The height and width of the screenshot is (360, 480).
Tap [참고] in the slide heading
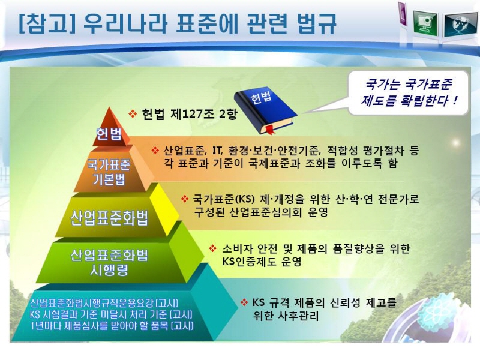click(x=46, y=23)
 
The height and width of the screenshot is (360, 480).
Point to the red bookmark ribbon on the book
click(x=270, y=130)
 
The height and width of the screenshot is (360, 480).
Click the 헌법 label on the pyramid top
click(x=109, y=134)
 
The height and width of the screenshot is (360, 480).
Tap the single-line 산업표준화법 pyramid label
click(x=109, y=218)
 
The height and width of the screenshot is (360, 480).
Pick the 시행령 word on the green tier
click(x=109, y=269)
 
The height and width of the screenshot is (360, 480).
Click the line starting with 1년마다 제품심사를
click(x=112, y=326)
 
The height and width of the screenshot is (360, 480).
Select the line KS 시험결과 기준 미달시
click(x=111, y=314)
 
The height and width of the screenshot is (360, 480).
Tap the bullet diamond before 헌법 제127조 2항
click(x=133, y=114)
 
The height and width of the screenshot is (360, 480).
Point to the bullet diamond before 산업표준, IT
click(x=155, y=151)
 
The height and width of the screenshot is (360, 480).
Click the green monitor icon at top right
click(x=425, y=22)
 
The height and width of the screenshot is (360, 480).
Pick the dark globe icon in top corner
click(x=460, y=25)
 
